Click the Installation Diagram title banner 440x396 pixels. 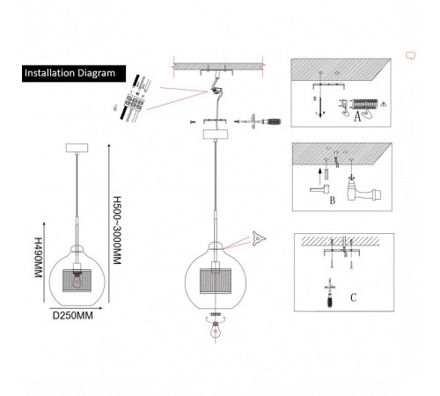(74, 73)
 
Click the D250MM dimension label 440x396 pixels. (73, 316)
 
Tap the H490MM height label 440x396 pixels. (38, 257)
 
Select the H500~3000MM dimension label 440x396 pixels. (117, 231)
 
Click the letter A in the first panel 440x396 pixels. (357, 117)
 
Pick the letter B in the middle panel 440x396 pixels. (333, 201)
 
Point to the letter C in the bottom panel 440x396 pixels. (354, 297)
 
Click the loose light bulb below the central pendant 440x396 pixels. (216, 329)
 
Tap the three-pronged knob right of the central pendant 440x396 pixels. (259, 238)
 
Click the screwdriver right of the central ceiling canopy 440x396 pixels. (261, 121)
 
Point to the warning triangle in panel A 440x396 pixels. (383, 104)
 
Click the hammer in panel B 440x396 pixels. (319, 188)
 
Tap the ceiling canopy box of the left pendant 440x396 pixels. (77, 148)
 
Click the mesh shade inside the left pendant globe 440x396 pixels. (77, 281)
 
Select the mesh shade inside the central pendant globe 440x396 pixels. (216, 281)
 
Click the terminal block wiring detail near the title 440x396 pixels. (135, 99)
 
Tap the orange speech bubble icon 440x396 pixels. (411, 55)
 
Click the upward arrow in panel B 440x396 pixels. (320, 177)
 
